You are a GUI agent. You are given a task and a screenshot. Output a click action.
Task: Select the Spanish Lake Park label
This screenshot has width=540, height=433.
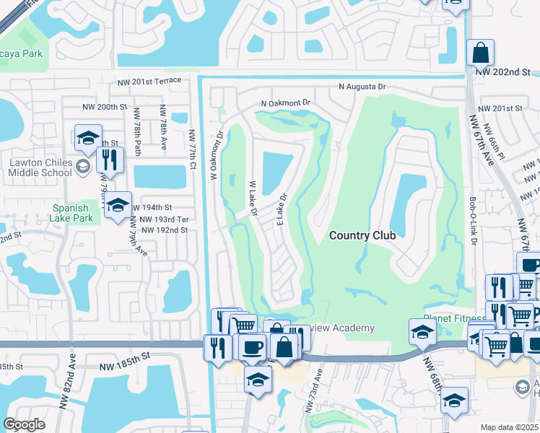tap(73, 212)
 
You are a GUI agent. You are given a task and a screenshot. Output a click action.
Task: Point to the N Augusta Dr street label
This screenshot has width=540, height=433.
tap(362, 87)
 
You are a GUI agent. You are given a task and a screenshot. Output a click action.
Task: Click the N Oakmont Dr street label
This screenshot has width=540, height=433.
tap(285, 104)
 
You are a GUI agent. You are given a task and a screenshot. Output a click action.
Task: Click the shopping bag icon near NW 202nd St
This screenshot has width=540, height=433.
tap(480, 53)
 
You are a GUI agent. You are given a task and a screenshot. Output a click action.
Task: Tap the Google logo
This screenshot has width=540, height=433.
tap(25, 424)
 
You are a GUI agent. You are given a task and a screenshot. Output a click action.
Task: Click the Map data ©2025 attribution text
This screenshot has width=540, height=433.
tap(510, 427)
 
